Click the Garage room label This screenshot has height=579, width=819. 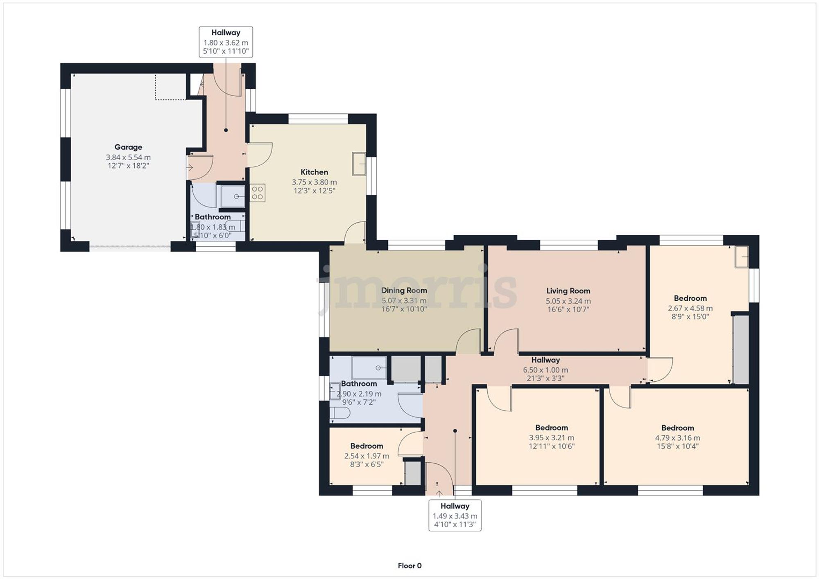click(x=128, y=147)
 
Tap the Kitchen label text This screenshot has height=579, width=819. click(x=314, y=172)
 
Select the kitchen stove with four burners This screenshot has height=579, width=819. click(x=257, y=193)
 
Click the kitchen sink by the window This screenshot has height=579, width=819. click(x=359, y=164)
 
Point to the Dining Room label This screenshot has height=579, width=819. click(x=404, y=291)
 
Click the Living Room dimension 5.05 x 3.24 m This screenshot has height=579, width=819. click(x=568, y=301)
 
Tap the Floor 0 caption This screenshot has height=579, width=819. click(x=409, y=566)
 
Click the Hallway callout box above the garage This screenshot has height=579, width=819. click(x=226, y=42)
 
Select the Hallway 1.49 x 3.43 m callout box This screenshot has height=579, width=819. click(x=455, y=516)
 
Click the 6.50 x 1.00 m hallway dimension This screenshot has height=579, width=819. click(x=545, y=370)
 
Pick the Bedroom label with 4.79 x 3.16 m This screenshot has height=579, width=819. click(x=677, y=428)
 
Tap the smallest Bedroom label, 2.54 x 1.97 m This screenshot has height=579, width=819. click(x=367, y=446)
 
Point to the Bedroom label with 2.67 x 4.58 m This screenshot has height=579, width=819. click(x=690, y=298)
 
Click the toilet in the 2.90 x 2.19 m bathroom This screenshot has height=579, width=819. click(x=340, y=413)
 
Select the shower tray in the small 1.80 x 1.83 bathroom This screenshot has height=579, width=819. click(x=233, y=196)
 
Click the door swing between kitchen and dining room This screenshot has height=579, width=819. click(x=355, y=232)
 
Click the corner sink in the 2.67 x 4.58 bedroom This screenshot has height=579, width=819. click(x=742, y=257)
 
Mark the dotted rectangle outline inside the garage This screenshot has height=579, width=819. click(x=170, y=87)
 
